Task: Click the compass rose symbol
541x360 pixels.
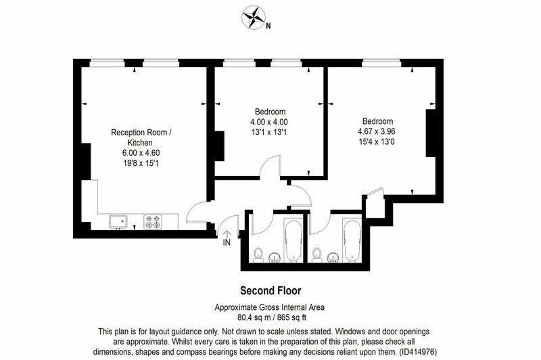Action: (x=254, y=17)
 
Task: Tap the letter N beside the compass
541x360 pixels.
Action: (x=268, y=26)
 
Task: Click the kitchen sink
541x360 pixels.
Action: (x=118, y=222)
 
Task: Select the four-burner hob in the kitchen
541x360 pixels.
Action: (x=153, y=221)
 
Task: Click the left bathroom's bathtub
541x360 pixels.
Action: (x=293, y=241)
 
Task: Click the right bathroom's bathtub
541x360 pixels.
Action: (x=352, y=241)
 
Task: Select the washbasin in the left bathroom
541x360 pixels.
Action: (x=275, y=258)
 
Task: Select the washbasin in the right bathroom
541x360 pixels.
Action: (x=333, y=258)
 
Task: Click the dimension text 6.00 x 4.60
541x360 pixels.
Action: (x=141, y=153)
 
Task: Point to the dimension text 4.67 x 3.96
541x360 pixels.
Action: (x=377, y=131)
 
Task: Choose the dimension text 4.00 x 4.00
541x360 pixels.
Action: (x=269, y=122)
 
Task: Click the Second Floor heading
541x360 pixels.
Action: (x=270, y=291)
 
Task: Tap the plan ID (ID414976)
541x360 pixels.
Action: (x=418, y=353)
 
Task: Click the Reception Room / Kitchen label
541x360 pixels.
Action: (x=141, y=137)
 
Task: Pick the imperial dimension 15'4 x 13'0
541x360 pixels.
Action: (x=377, y=142)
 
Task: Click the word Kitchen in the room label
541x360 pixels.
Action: (x=140, y=143)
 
